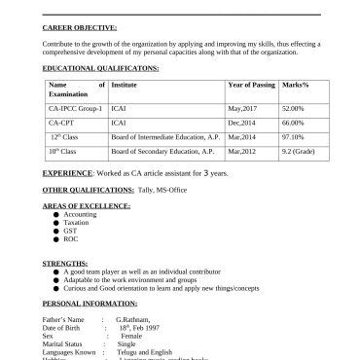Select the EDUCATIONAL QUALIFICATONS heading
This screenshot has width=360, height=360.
(101, 70)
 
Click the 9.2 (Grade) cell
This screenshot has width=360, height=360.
(297, 153)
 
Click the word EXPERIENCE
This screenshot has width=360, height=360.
(68, 172)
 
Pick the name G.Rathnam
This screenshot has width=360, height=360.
(135, 319)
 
